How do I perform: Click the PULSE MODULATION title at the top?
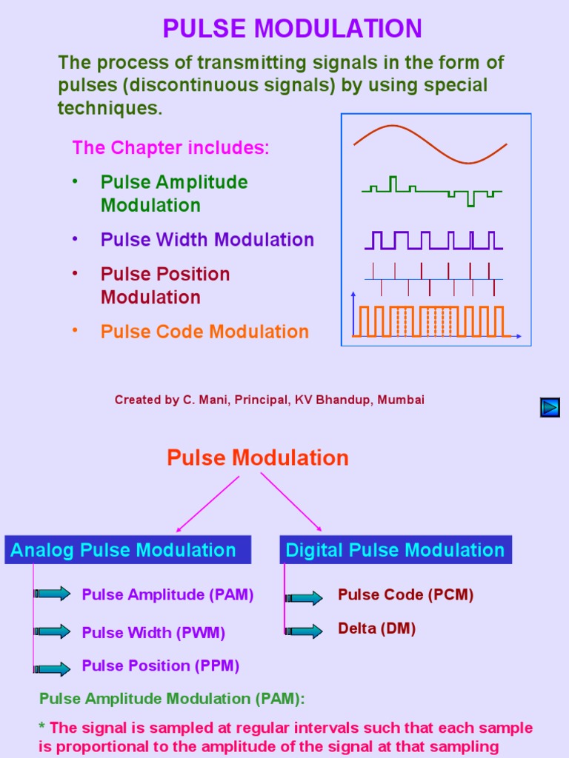[x=292, y=29]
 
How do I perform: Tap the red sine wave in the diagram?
[x=430, y=144]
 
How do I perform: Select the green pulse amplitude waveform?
[x=431, y=191]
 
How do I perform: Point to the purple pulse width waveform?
[x=433, y=240]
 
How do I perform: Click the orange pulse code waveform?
[x=431, y=321]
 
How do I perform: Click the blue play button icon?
[x=550, y=407]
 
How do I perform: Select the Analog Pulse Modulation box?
[x=127, y=550]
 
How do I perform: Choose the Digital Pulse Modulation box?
[x=395, y=550]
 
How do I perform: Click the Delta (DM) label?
[x=376, y=628]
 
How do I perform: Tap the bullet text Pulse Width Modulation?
[x=207, y=240]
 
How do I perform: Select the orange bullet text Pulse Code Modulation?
[x=204, y=332]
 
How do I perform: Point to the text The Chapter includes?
[x=170, y=147]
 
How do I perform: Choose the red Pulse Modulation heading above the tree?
[x=257, y=457]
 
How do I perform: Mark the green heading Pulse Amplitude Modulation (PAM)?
[x=172, y=698]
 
